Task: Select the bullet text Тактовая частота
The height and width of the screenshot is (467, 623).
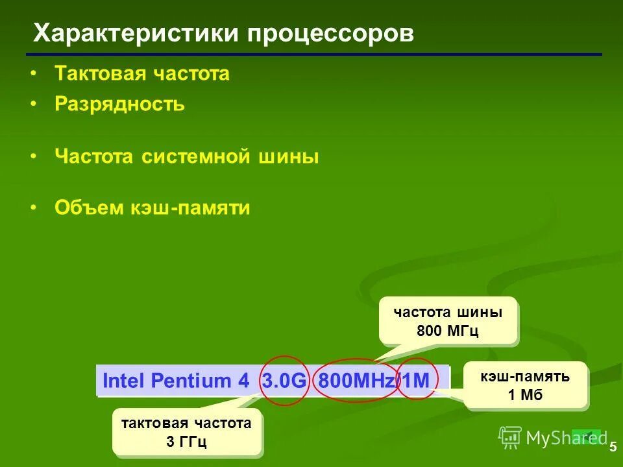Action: pyautogui.click(x=142, y=73)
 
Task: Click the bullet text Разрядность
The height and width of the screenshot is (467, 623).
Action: pyautogui.click(x=120, y=104)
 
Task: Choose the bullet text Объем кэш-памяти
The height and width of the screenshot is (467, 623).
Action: pyautogui.click(x=153, y=208)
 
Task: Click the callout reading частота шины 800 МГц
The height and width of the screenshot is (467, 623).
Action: pyautogui.click(x=448, y=320)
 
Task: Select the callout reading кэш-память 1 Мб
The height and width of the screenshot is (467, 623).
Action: pyautogui.click(x=525, y=385)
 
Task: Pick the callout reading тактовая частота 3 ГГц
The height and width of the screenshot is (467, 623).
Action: pyautogui.click(x=186, y=433)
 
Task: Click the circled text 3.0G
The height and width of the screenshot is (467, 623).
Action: pyautogui.click(x=284, y=381)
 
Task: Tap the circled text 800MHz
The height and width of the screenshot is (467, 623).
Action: pyautogui.click(x=356, y=381)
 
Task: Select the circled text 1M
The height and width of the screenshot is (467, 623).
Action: pyautogui.click(x=417, y=381)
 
